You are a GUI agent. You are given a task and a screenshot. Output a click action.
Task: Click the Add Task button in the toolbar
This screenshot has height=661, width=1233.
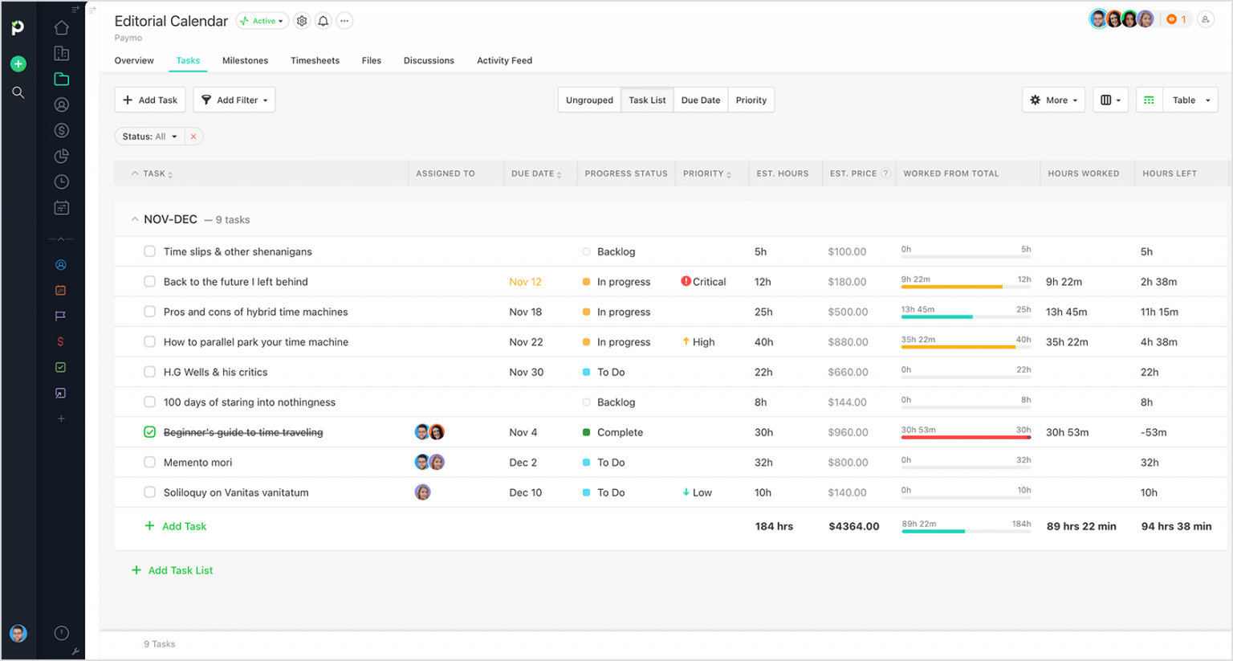point(150,100)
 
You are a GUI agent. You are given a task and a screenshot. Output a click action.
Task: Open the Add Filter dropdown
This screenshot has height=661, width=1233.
point(234,100)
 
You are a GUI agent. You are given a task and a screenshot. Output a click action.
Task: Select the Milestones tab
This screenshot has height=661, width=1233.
point(245,61)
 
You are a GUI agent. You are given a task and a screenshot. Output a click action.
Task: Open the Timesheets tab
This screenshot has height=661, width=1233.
point(315,61)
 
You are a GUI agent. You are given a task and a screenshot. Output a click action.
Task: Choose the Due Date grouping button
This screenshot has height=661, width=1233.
point(700,100)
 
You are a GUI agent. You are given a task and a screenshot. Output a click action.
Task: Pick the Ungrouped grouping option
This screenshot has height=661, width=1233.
point(589,100)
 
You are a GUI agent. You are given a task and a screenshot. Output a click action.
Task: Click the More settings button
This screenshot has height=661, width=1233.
point(1053,100)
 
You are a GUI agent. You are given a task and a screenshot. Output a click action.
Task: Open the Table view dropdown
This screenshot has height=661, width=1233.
point(1190,100)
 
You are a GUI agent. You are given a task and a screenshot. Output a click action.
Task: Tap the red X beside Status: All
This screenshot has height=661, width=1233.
point(193,137)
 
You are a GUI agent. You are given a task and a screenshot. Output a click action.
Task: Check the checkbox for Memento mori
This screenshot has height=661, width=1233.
point(149,463)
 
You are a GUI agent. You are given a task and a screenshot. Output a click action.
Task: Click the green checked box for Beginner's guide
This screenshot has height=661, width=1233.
point(149,432)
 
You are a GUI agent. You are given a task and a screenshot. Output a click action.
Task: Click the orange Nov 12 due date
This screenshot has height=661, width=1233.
point(525,282)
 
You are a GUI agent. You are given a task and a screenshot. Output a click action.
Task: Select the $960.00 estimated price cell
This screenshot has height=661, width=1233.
point(848,432)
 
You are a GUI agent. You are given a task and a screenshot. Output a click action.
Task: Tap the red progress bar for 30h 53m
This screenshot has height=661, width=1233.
point(966,438)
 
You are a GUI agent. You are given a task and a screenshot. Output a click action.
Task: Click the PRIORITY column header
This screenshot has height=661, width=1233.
point(704,173)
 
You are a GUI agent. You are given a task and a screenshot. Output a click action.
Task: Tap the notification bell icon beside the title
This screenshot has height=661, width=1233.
point(323,21)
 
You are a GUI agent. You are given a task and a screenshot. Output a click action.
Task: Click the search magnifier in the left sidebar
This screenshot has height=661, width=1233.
point(18,92)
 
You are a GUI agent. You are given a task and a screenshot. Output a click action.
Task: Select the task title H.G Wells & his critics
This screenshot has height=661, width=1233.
point(215,372)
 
